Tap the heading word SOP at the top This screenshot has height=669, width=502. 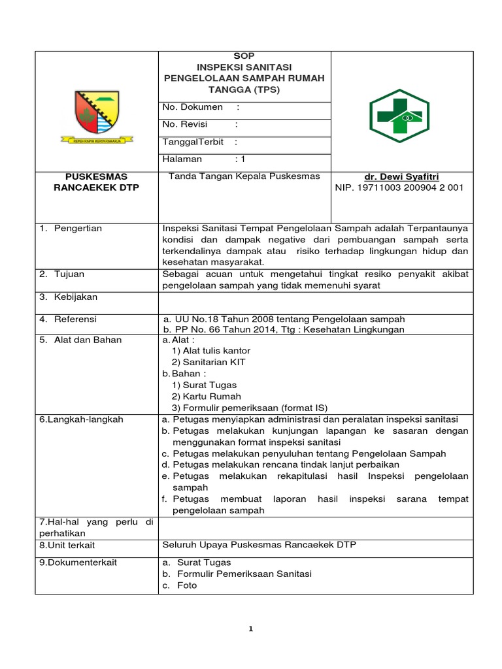point(244,56)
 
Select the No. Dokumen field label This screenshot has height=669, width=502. point(192,106)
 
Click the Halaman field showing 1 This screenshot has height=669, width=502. point(203,159)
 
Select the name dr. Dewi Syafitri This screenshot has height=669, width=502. point(402,176)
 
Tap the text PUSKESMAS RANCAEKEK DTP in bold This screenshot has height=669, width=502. point(97,182)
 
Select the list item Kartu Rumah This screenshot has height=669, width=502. point(206,396)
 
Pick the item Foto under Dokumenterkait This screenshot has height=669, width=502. point(186,585)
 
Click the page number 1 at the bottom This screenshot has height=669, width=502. point(251,629)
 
